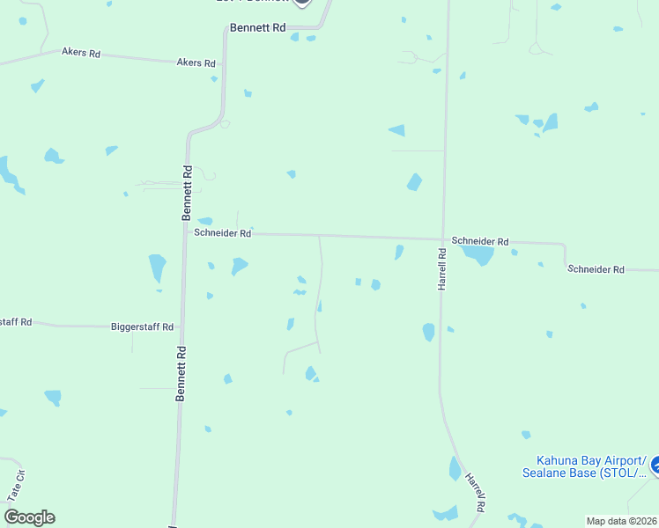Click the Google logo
point(29,517)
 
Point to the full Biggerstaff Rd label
point(142,326)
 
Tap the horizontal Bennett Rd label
point(258,28)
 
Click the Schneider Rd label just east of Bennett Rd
point(223,233)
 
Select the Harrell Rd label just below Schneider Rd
point(443,269)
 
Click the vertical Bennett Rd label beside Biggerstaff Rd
point(181,373)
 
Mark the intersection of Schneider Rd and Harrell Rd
point(442,238)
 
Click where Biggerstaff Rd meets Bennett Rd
point(181,326)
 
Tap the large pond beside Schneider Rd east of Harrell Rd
point(478,255)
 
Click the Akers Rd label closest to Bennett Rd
point(196,62)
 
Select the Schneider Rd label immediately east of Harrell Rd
point(480,241)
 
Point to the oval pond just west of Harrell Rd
point(428,332)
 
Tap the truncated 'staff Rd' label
point(16,322)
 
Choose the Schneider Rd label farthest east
point(596,269)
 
